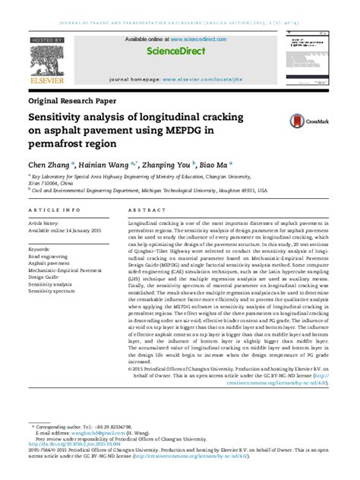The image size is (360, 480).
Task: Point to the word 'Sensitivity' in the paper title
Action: [62, 118]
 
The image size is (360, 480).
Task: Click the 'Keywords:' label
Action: [39, 248]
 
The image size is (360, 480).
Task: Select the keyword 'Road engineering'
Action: [48, 257]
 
